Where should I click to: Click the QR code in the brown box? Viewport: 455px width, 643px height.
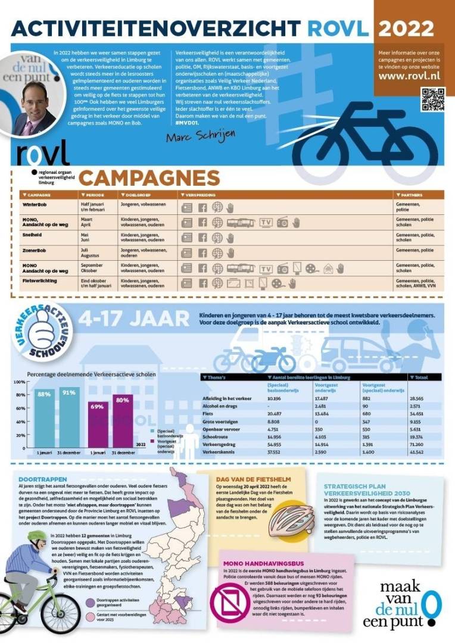433,99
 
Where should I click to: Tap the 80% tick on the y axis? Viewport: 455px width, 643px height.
20,395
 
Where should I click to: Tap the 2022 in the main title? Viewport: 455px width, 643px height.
406,28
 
